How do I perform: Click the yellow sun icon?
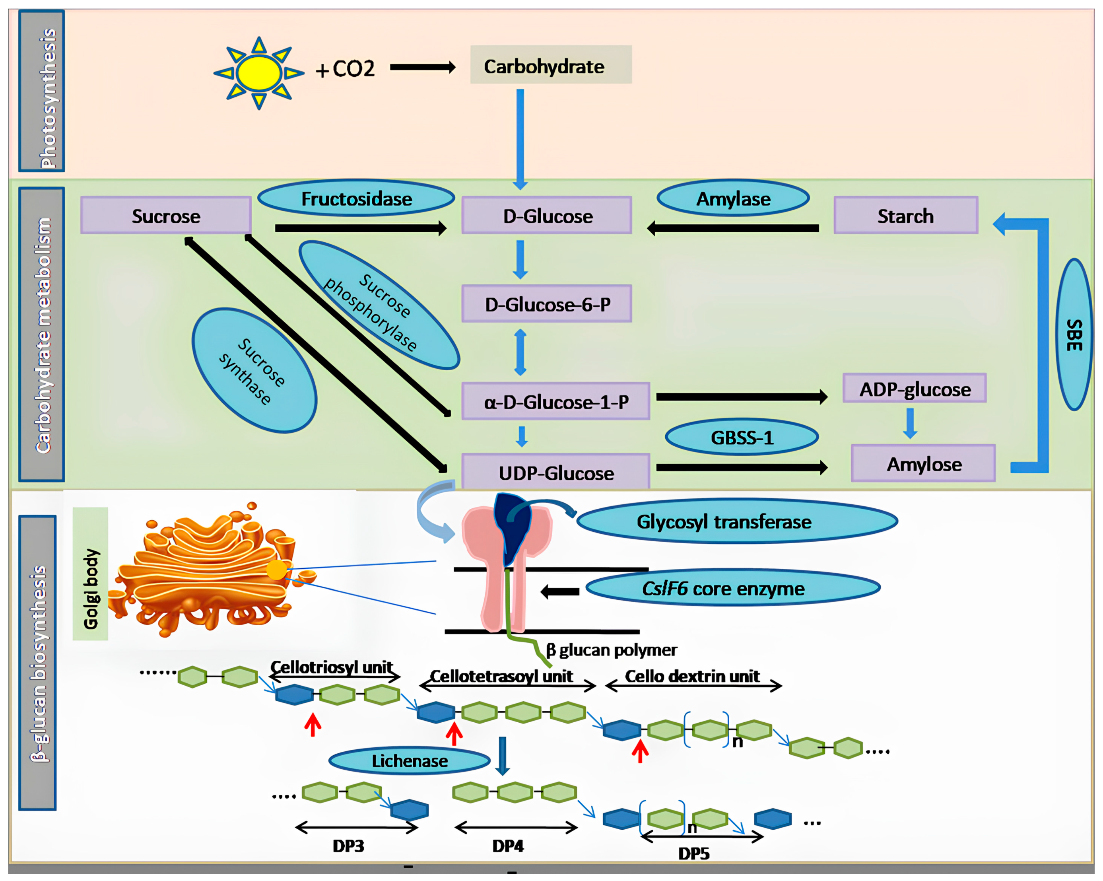coord(259,73)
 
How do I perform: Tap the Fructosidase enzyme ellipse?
coord(356,198)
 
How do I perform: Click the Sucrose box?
coord(166,216)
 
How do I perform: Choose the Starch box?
coord(905,216)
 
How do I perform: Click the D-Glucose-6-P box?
coord(546,304)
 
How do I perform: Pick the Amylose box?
coord(923,463)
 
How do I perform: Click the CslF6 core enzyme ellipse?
coord(732,588)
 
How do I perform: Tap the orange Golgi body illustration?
coord(205,570)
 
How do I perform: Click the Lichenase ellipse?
coord(409,760)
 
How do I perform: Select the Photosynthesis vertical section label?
coord(42,91)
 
